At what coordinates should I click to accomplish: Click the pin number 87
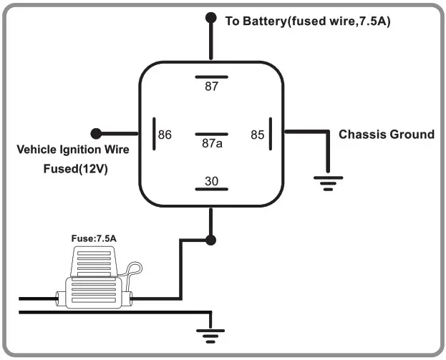(211, 87)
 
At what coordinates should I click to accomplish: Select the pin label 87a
(211, 143)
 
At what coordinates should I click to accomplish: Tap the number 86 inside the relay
(165, 135)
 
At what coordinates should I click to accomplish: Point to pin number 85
(258, 135)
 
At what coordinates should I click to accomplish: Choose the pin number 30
(211, 181)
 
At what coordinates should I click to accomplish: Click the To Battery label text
(307, 21)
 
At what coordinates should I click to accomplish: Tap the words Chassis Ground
(386, 135)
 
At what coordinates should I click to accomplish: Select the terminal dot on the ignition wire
(96, 133)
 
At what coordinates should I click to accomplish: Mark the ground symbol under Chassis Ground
(328, 185)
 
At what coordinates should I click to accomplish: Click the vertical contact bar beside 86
(153, 134)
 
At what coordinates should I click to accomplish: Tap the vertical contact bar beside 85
(271, 134)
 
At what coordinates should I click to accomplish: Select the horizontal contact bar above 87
(211, 75)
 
